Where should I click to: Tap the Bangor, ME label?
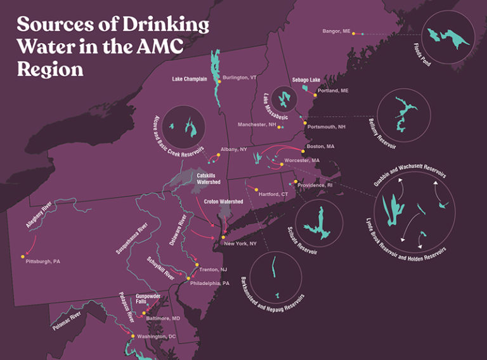coord(336,31)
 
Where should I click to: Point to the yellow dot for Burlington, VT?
coord(218,81)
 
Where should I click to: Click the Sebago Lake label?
coord(306,80)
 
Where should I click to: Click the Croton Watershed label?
coord(223,202)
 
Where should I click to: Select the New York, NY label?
coord(240,243)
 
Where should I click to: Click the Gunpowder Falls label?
coord(150,299)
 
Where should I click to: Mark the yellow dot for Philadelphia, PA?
coord(188,279)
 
